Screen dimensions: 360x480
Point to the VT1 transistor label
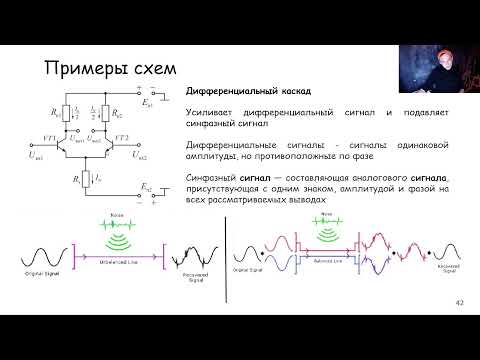pyautogui.click(x=46, y=137)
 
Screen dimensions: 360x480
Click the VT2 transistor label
pyautogui.click(x=121, y=137)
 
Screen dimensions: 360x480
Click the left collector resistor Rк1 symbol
pyautogui.click(x=65, y=112)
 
